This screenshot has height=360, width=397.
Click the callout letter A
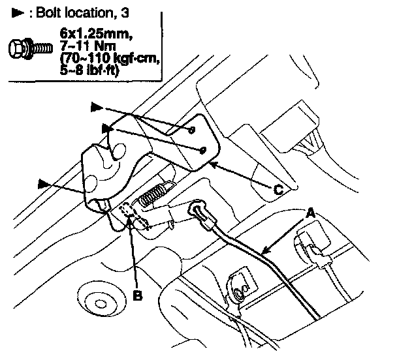point(310,213)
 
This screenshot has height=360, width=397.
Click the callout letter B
point(138,295)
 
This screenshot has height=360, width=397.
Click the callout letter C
point(279,190)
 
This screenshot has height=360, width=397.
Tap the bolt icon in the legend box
point(31,48)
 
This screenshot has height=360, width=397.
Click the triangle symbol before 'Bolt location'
point(18,12)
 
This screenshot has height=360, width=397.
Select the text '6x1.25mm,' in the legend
point(96,33)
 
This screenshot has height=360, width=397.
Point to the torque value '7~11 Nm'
point(88,46)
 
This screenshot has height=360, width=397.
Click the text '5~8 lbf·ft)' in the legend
point(89,70)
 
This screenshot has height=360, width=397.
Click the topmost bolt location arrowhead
point(97,107)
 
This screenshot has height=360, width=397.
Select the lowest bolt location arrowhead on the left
point(44,184)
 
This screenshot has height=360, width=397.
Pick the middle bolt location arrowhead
point(108,128)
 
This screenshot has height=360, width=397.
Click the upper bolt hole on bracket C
point(192,130)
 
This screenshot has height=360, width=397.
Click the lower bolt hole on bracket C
point(203,151)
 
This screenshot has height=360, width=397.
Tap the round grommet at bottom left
point(101,301)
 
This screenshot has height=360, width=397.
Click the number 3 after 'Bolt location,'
point(124,12)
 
